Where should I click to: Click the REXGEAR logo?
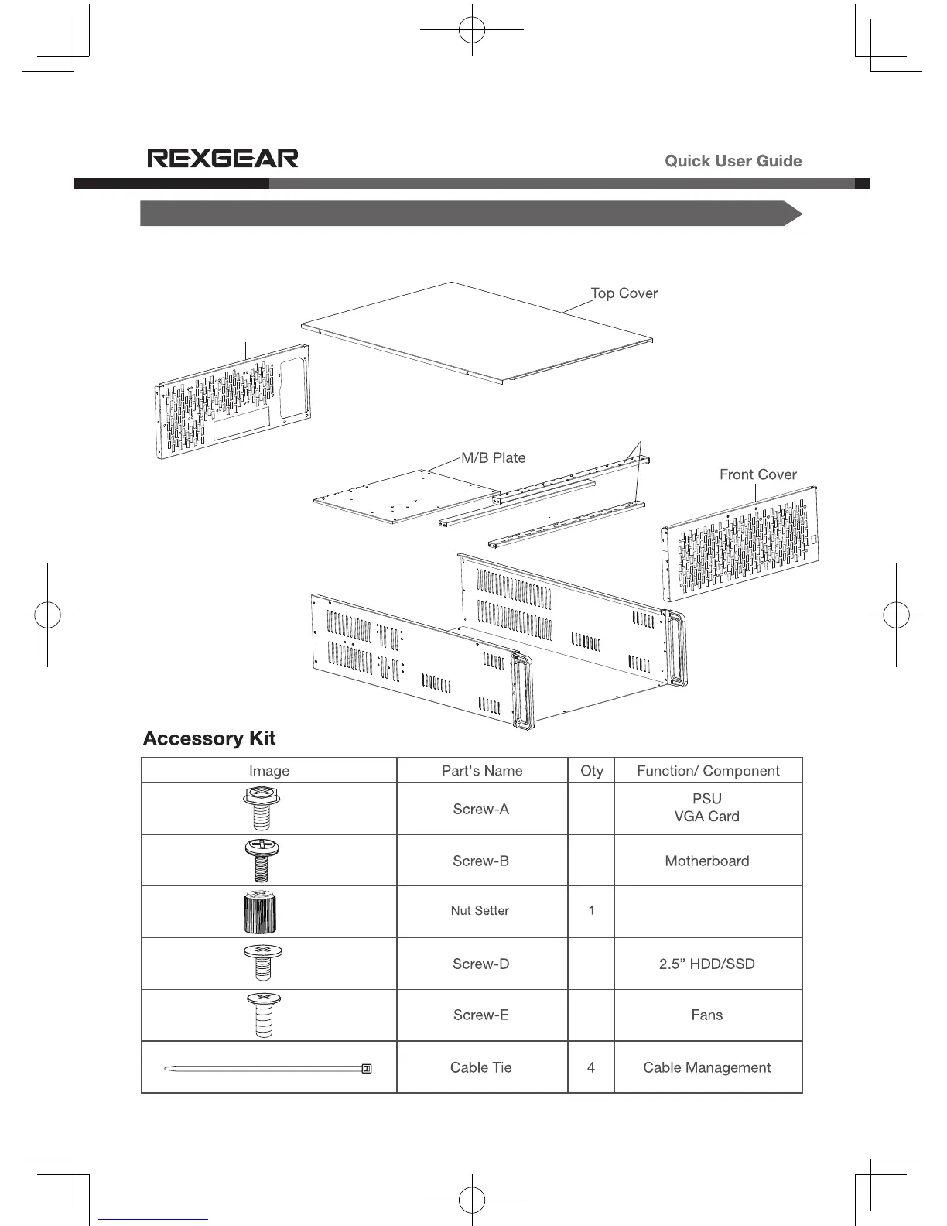pyautogui.click(x=223, y=159)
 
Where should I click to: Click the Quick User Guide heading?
pyautogui.click(x=733, y=161)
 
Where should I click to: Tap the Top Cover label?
pyautogui.click(x=624, y=293)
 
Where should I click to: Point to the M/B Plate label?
pyautogui.click(x=494, y=457)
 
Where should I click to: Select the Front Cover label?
pyautogui.click(x=757, y=474)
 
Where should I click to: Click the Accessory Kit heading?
pyautogui.click(x=209, y=738)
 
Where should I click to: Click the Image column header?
pyautogui.click(x=269, y=771)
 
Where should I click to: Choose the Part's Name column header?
pyautogui.click(x=482, y=771)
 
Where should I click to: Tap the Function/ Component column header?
pyautogui.click(x=708, y=771)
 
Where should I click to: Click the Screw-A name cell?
pyautogui.click(x=481, y=810)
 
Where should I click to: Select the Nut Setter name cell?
pyautogui.click(x=480, y=911)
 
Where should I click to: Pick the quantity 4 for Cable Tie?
pyautogui.click(x=591, y=1067)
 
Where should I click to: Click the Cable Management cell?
pyautogui.click(x=707, y=1067)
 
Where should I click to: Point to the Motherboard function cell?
pyautogui.click(x=707, y=861)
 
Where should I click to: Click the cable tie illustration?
pyautogui.click(x=268, y=1069)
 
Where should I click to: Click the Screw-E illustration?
pyautogui.click(x=262, y=1015)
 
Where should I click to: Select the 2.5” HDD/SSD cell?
pyautogui.click(x=707, y=964)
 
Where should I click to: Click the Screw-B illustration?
pyautogui.click(x=262, y=860)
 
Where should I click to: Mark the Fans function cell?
pyautogui.click(x=707, y=1015)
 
